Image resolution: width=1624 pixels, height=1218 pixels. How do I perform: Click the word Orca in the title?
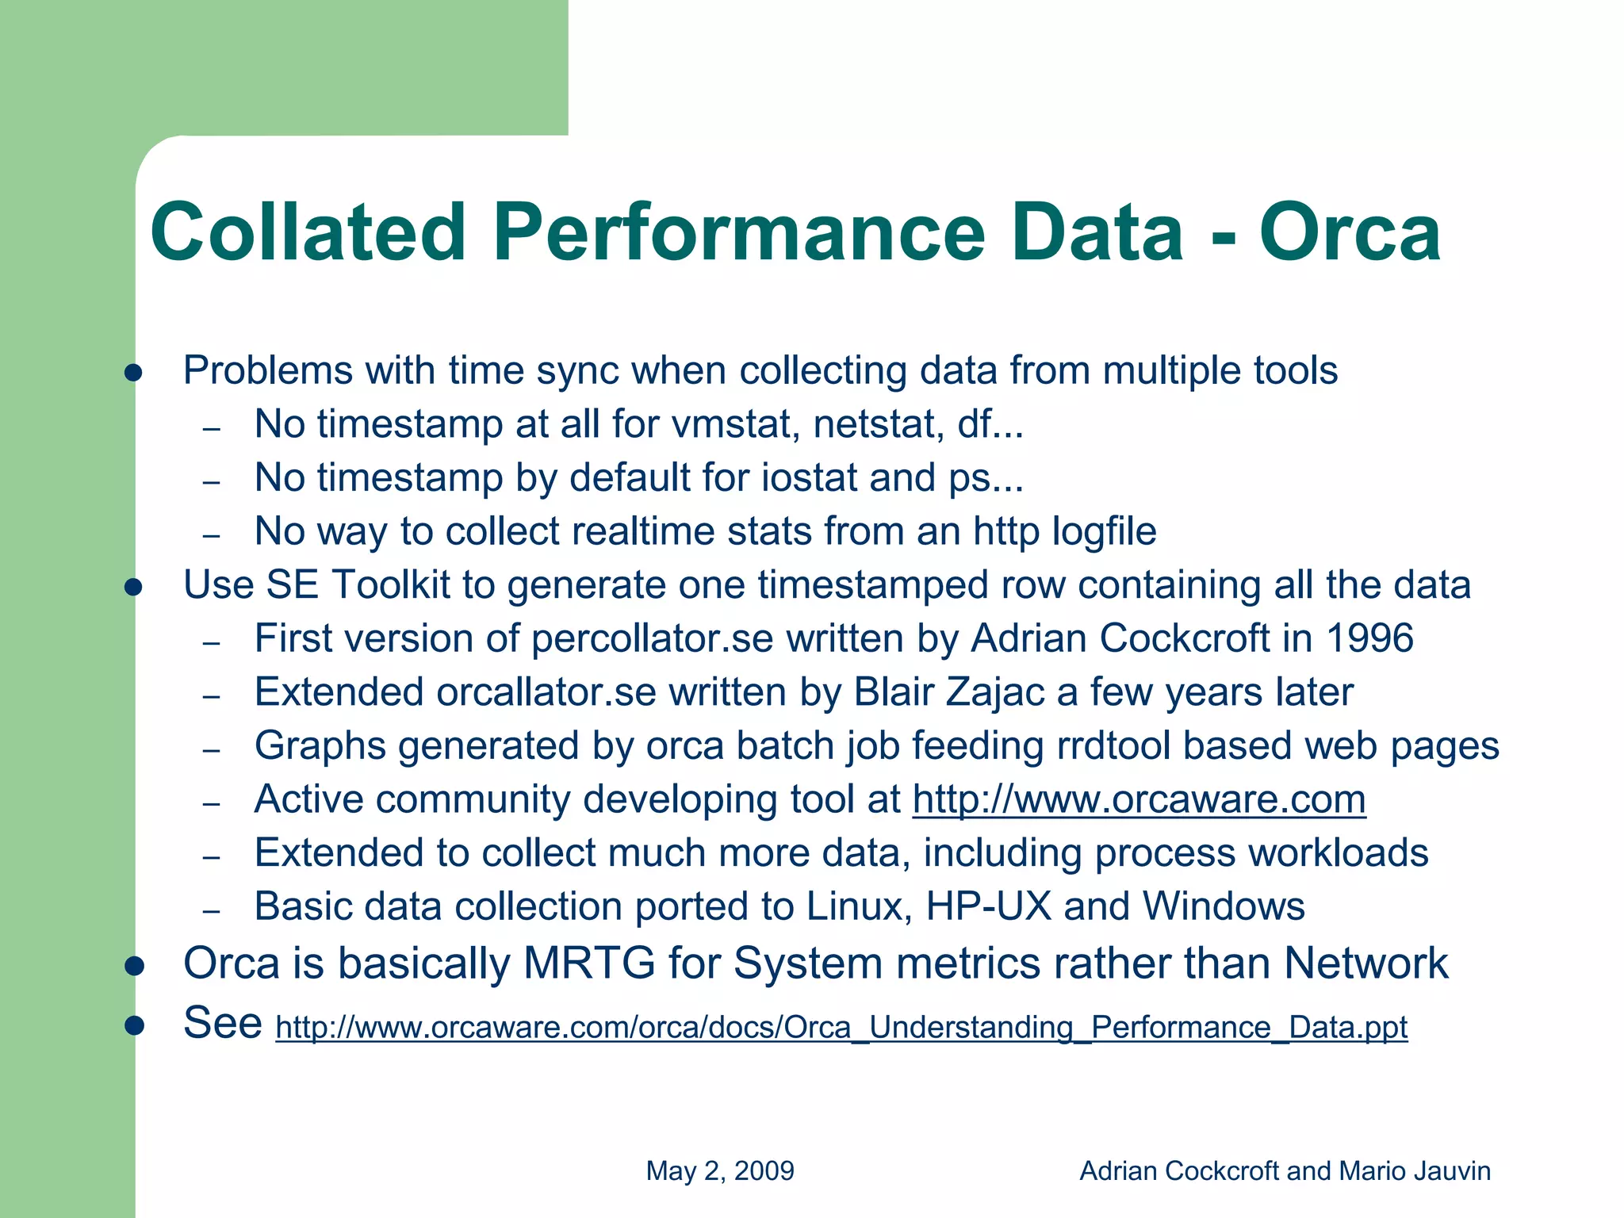[x=1350, y=233]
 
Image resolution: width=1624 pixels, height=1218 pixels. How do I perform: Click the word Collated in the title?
[x=308, y=233]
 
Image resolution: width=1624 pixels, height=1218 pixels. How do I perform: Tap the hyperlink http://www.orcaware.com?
[x=1139, y=799]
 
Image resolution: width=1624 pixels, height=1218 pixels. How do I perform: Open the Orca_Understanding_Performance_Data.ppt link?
[x=841, y=1027]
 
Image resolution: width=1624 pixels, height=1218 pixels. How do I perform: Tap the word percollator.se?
[x=652, y=638]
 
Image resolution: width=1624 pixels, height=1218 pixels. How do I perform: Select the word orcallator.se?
[x=546, y=692]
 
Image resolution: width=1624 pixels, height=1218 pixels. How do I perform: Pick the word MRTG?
[x=589, y=963]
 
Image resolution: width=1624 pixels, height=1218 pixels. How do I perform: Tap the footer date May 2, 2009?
[x=720, y=1170]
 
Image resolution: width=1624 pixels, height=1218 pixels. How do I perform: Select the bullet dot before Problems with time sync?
[x=133, y=373]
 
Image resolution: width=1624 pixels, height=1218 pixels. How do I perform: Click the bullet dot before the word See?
[x=133, y=1025]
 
